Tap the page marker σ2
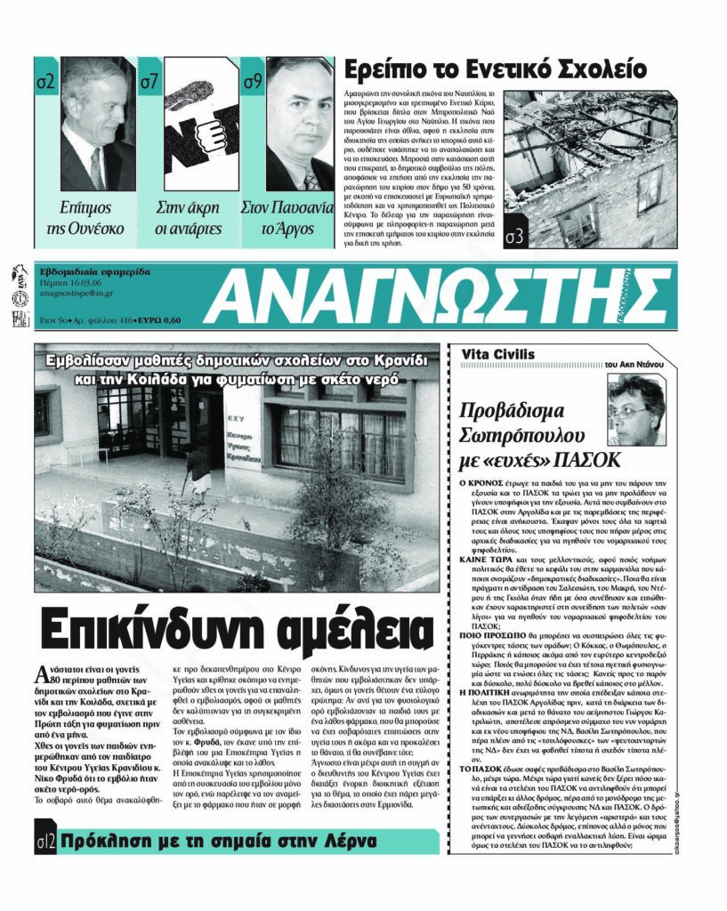click(x=46, y=83)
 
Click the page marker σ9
click(x=253, y=83)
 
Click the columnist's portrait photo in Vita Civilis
click(x=635, y=410)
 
